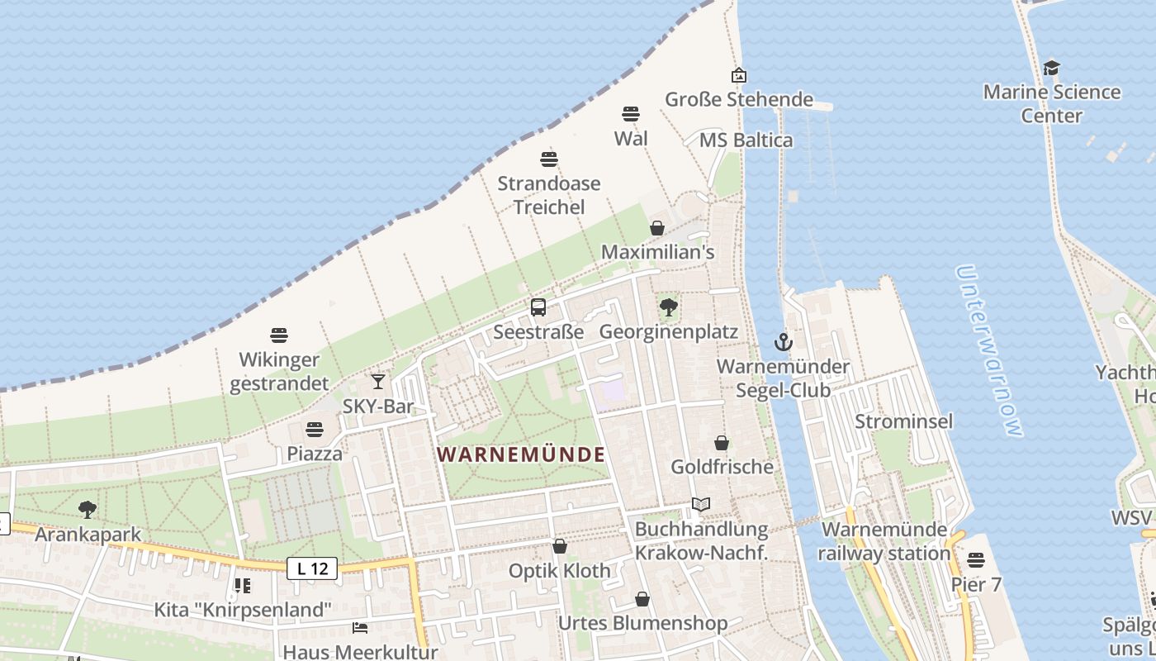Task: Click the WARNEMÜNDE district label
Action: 521,454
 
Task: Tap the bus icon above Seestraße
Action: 538,307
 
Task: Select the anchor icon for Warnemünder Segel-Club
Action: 783,341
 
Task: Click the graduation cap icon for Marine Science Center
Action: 1051,68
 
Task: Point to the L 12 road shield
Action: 313,568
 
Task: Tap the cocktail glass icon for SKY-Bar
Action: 378,381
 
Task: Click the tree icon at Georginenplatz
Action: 669,307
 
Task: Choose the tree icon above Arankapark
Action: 88,510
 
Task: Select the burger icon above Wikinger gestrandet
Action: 279,335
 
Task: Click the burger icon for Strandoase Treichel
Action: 549,159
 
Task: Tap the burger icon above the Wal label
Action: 631,113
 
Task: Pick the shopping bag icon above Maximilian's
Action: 657,227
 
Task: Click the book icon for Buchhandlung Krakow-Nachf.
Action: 701,504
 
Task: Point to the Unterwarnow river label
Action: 988,350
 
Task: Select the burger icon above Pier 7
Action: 976,560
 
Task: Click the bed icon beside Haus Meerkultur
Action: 360,628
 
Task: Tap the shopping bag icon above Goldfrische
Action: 722,443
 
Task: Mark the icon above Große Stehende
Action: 739,75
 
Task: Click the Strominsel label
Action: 903,421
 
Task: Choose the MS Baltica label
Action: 746,140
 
